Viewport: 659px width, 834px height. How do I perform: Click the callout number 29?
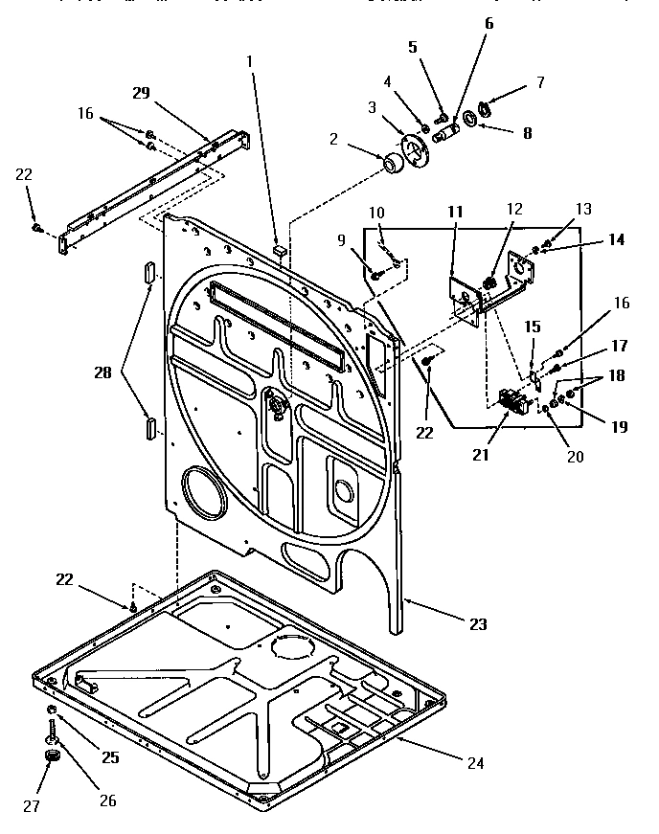(141, 92)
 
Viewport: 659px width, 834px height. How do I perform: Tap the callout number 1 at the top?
(250, 60)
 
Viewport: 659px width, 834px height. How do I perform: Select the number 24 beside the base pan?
(476, 763)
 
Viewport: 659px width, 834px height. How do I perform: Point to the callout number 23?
(478, 624)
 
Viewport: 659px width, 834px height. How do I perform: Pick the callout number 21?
(480, 455)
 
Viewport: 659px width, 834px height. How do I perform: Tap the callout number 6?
(489, 24)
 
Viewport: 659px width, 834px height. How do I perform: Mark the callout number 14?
(616, 239)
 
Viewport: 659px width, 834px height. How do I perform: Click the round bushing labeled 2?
(392, 166)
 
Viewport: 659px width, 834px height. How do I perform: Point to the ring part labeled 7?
(486, 107)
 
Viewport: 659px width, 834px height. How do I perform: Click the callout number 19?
(618, 427)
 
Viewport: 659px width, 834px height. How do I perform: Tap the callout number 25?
(110, 757)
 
